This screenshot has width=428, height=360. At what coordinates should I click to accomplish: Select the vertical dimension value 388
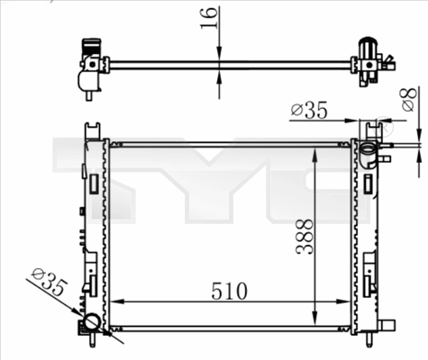[x=305, y=236]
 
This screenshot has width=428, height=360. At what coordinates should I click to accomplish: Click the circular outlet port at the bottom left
[x=91, y=324]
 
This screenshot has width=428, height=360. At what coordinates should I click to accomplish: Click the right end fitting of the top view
[x=369, y=60]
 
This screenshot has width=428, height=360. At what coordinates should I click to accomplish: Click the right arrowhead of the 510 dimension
[x=348, y=303]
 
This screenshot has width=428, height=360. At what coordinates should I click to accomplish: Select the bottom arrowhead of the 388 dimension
[x=314, y=319]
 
